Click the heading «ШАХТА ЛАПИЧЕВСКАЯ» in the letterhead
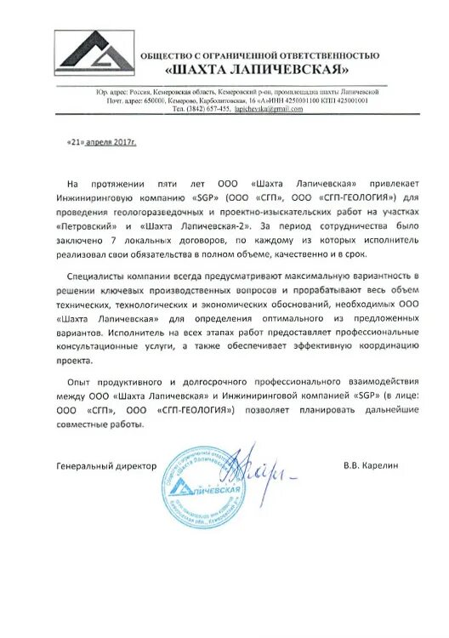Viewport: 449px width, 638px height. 259,67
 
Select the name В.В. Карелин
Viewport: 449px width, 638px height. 371,466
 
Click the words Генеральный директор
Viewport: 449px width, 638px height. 107,466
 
